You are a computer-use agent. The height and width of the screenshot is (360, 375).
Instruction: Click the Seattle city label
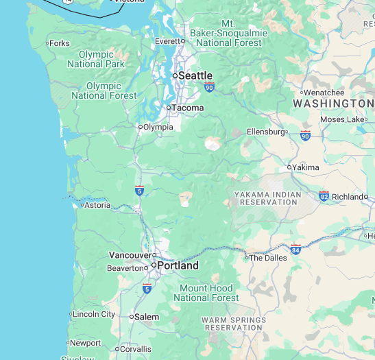[x=195, y=75]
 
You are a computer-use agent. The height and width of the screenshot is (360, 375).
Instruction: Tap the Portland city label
[x=178, y=265]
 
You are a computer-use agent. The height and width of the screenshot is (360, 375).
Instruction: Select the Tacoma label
[x=187, y=108]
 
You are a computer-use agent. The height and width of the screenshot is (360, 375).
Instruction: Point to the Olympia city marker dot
[x=141, y=127]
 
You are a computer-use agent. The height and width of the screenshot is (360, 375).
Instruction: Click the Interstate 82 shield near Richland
[x=324, y=196]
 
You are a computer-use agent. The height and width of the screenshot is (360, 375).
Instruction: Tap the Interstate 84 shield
[x=295, y=248]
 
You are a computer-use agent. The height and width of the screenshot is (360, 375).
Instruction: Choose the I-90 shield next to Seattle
[x=209, y=86]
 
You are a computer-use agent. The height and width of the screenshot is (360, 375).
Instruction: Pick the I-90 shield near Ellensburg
[x=305, y=136]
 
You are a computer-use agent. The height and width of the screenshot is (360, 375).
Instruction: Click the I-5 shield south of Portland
[x=147, y=289]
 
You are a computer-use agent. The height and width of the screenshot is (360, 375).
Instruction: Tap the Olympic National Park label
[x=96, y=59]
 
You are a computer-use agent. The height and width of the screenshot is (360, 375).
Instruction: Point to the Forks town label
[x=59, y=43]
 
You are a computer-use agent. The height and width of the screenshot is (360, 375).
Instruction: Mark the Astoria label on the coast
[x=97, y=205]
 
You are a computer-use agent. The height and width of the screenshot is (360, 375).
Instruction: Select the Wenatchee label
[x=325, y=93]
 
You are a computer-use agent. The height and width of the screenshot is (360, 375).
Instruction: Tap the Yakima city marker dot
[x=289, y=167]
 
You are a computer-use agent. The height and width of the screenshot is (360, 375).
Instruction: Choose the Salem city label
[x=147, y=317]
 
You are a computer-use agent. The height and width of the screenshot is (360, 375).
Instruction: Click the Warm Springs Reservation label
[x=233, y=324]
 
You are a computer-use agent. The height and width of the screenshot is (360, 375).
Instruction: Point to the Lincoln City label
[x=94, y=314]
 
